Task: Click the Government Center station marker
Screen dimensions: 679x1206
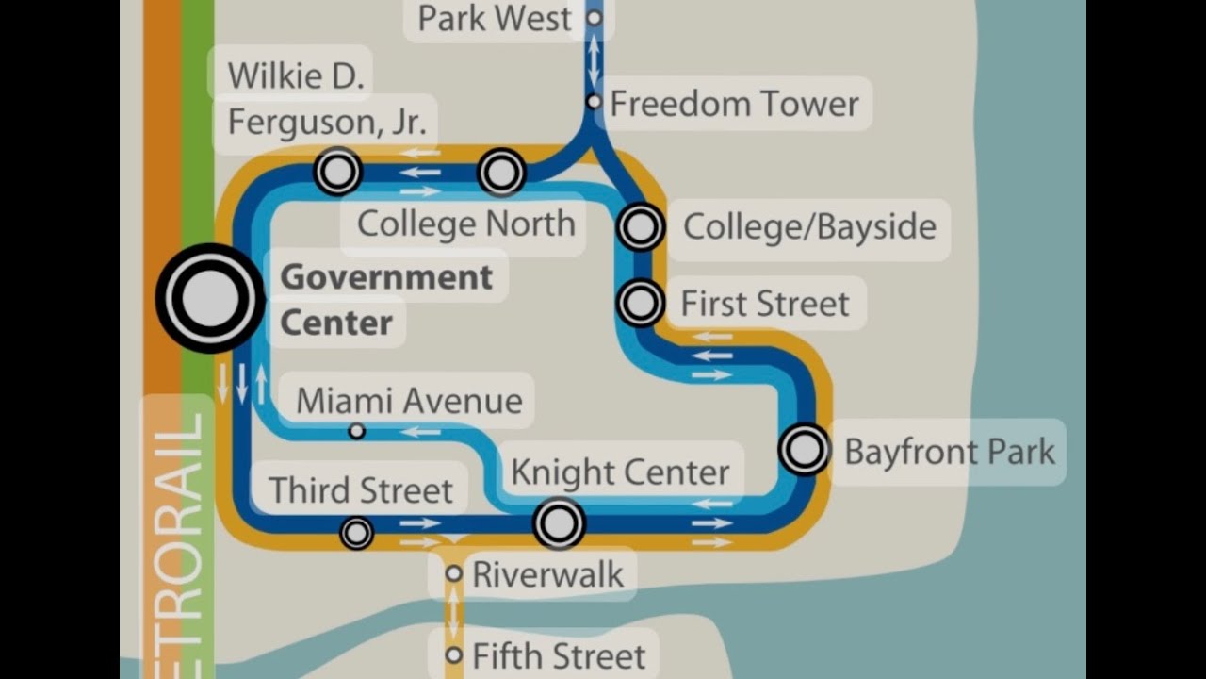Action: pos(208,298)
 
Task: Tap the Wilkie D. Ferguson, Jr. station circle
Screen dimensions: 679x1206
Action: pos(337,172)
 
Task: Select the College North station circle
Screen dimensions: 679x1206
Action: pos(501,173)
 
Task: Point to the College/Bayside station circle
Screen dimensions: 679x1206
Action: pos(641,227)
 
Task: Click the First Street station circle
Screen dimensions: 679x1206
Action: pos(641,304)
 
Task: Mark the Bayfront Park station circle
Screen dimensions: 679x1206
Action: pos(805,450)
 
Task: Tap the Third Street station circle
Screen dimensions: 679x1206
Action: pos(356,534)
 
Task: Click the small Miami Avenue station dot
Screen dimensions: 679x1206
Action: pos(356,431)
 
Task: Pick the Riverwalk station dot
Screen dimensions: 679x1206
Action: pos(454,573)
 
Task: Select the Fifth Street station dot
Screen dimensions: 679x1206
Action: pos(454,654)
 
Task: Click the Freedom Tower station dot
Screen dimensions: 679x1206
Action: pos(594,101)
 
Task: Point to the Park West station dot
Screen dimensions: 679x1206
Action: pos(594,17)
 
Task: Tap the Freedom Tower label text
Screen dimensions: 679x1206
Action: pos(734,104)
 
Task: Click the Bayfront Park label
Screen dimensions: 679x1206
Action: pos(949,452)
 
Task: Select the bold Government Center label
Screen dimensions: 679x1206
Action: pos(386,300)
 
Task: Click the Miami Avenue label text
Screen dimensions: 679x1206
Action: pos(409,401)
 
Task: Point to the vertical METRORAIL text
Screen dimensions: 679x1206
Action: pos(178,538)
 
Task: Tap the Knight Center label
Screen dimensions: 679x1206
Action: pos(620,472)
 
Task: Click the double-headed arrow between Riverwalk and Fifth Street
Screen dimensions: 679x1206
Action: pos(454,613)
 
